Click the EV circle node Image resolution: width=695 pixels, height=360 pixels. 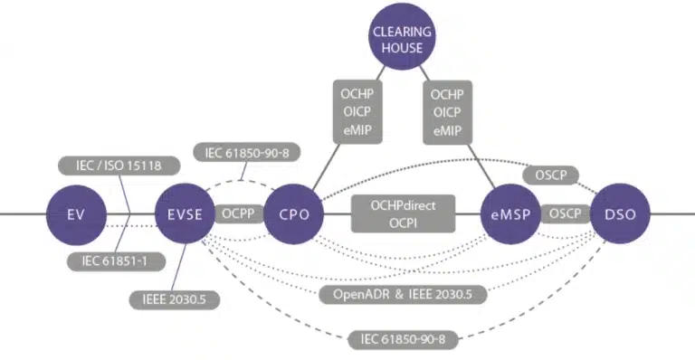(x=76, y=214)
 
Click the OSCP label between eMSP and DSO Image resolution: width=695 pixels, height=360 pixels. (x=566, y=214)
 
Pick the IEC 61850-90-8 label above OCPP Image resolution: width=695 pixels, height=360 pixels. (x=248, y=154)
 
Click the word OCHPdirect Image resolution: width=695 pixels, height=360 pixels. (x=402, y=206)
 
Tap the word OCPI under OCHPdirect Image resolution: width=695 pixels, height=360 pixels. (x=402, y=223)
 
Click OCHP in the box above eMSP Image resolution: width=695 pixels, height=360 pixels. (x=446, y=94)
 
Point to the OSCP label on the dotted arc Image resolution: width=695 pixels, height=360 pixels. (x=551, y=174)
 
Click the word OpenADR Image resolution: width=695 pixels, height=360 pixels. (x=358, y=294)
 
